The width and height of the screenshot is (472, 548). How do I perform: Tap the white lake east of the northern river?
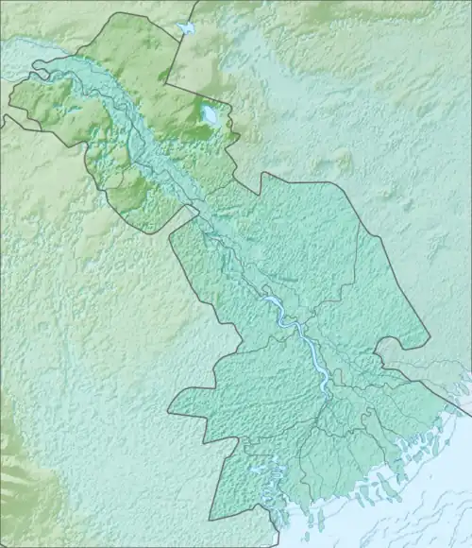tap(208, 116)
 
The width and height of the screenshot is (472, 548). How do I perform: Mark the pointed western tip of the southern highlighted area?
tap(170, 413)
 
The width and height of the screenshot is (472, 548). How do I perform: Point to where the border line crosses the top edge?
tap(194, 2)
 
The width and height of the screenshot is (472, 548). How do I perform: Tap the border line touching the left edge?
tap(3, 117)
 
